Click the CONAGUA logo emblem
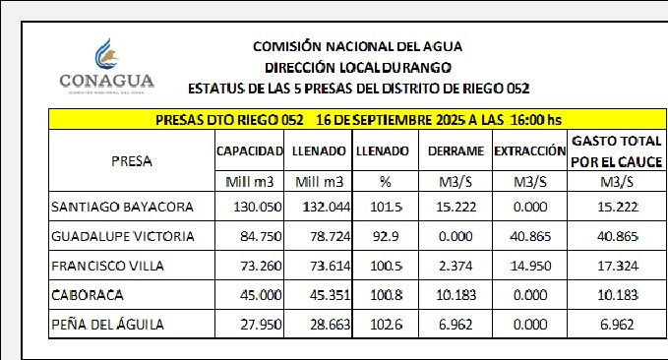(106, 54)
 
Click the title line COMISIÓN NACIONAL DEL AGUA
(357, 46)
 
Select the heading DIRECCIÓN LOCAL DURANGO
(358, 68)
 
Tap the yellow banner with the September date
(357, 120)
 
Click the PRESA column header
(132, 161)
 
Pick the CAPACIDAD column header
(250, 151)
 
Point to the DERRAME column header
(455, 151)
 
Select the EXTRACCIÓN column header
(530, 151)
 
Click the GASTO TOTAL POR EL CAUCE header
(617, 151)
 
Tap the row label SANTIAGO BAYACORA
(122, 207)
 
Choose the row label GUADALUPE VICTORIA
(123, 236)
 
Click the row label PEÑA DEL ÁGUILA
(107, 325)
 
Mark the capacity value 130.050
(258, 207)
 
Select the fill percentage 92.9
(386, 236)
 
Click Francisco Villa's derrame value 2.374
(455, 266)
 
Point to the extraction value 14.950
(530, 266)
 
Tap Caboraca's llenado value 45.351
(331, 295)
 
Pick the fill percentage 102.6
(386, 325)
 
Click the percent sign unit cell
(385, 182)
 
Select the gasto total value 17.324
(617, 266)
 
